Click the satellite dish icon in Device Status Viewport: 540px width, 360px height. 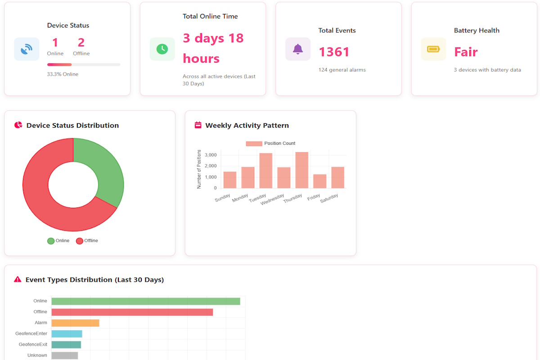pos(27,49)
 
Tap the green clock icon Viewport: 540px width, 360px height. pos(162,49)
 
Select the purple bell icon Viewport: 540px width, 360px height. pos(298,49)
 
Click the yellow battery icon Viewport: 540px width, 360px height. pos(433,49)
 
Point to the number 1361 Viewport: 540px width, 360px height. pos(334,52)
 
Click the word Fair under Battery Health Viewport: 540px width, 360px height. pos(466,52)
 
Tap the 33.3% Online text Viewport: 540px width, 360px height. pos(63,74)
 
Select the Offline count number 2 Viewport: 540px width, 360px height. pos(81,43)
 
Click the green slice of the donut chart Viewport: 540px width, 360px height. pos(106,171)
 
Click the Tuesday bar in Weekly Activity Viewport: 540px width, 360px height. pos(265,171)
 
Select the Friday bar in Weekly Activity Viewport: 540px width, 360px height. pos(319,181)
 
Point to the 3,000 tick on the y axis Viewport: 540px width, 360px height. pos(210,155)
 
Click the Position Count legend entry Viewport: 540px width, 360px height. pos(270,144)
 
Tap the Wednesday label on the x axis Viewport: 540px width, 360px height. pos(273,199)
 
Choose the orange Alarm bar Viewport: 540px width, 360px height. pos(75,323)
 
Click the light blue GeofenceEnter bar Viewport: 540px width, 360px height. pos(67,333)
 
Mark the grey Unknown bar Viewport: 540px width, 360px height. pos(64,355)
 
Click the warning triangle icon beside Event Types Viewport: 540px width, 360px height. pos(18,279)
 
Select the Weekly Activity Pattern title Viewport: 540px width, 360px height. pos(247,126)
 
